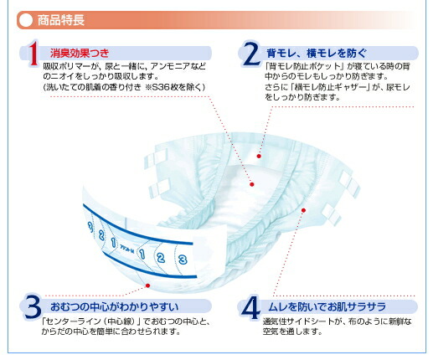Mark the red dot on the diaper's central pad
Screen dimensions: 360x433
[x=252, y=183]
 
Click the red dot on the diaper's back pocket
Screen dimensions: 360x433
[x=260, y=157]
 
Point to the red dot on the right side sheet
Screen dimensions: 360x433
[x=302, y=210]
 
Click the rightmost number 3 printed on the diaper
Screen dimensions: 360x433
[x=181, y=259]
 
